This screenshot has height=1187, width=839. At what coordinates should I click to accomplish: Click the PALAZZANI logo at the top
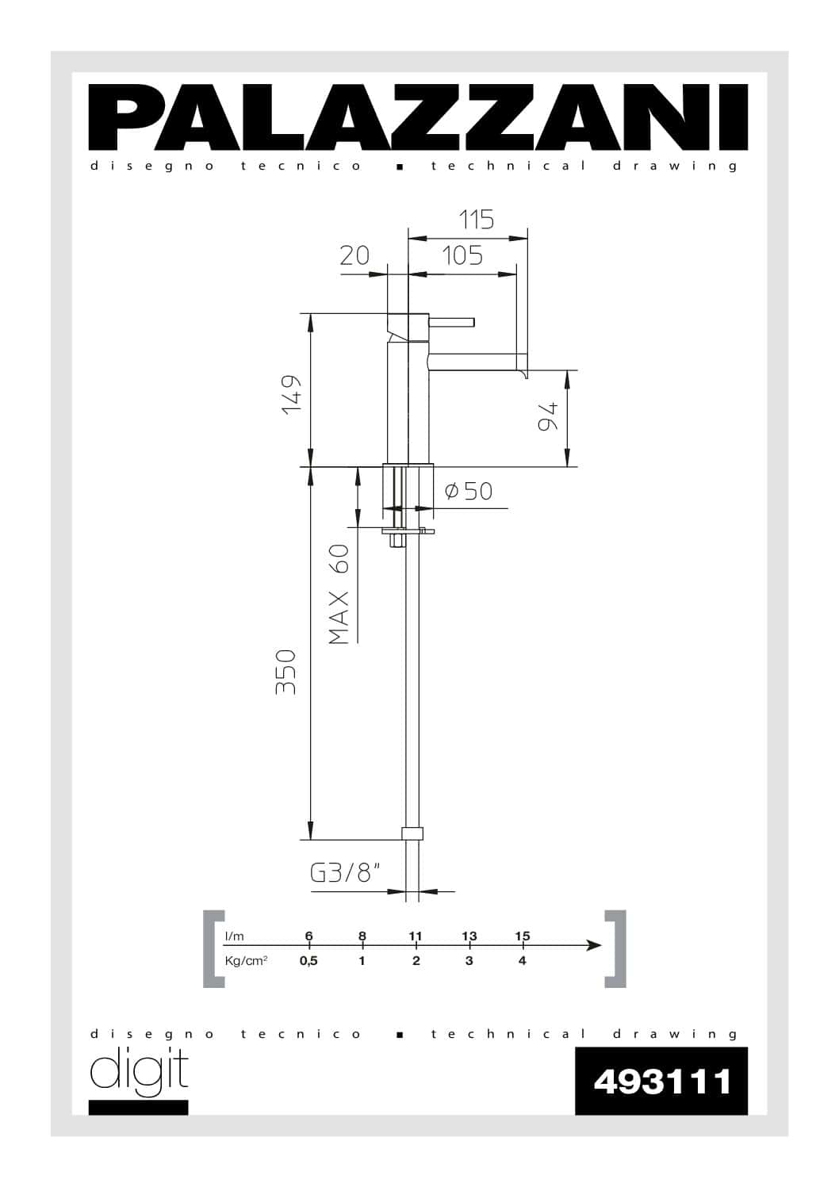pos(418,117)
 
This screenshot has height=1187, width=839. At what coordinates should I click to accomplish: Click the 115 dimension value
pos(477,220)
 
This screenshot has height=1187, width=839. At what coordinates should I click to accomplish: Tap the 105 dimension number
pos(462,255)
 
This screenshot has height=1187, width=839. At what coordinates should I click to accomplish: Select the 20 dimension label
pos(354,255)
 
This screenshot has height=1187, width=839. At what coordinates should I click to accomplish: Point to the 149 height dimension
pos(292,395)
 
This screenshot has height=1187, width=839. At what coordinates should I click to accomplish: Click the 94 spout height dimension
pos(548,416)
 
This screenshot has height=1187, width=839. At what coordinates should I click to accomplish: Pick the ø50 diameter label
pos(469,491)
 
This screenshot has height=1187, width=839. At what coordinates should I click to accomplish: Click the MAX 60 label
pos(339,594)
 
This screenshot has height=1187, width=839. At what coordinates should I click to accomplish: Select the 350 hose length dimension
pos(285,672)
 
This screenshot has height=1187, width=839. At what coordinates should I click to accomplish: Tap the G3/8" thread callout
pos(346,873)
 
